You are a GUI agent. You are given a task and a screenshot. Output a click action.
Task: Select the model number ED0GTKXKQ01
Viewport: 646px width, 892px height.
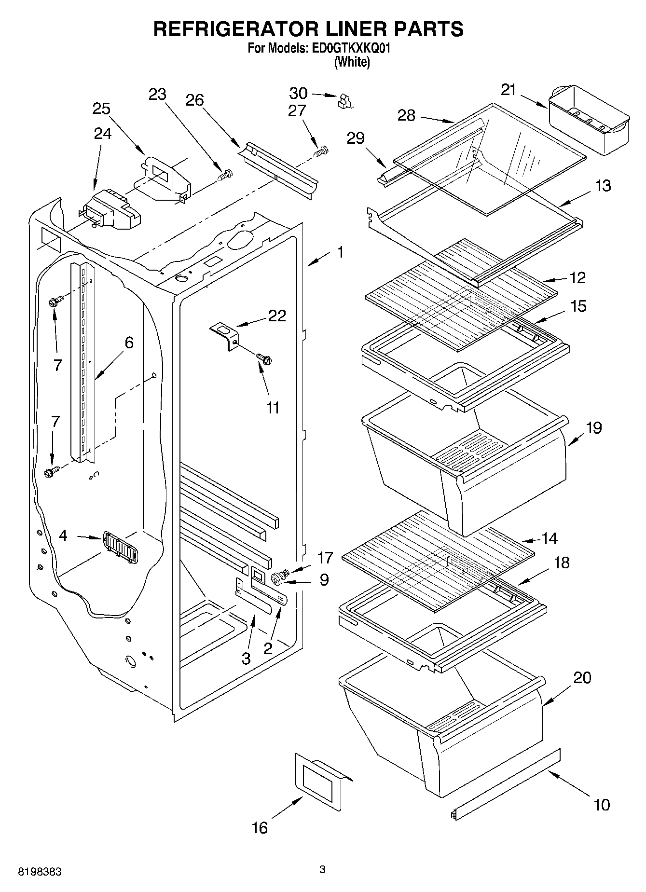point(346,49)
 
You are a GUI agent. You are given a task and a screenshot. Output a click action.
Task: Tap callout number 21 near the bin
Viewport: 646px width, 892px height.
point(508,90)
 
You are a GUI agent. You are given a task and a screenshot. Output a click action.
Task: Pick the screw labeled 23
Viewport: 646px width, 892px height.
point(225,174)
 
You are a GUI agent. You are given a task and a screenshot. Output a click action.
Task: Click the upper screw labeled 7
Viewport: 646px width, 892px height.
point(54,302)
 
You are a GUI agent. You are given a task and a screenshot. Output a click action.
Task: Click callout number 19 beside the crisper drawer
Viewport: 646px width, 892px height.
point(594,427)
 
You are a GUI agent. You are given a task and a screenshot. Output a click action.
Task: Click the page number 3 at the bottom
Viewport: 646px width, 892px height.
point(322,870)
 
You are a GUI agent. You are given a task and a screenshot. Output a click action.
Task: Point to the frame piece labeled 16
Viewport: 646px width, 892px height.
point(321,780)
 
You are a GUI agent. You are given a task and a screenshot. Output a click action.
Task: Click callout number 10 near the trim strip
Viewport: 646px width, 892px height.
point(602,804)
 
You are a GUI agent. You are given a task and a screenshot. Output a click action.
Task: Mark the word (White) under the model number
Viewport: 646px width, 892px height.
point(352,62)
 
